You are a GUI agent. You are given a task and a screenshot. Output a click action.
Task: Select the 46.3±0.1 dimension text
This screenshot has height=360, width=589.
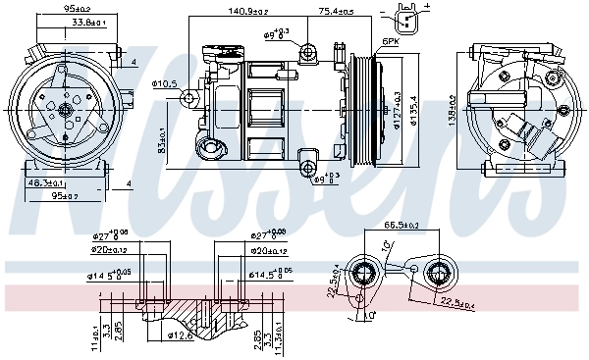click(x=46, y=183)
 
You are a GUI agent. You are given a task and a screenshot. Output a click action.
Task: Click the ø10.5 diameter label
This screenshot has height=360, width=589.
click(x=167, y=84)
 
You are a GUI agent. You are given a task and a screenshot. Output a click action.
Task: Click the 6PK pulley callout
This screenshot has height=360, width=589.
click(x=390, y=42)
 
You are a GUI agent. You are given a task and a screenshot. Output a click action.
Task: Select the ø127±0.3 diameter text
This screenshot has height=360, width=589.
click(x=398, y=111)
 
